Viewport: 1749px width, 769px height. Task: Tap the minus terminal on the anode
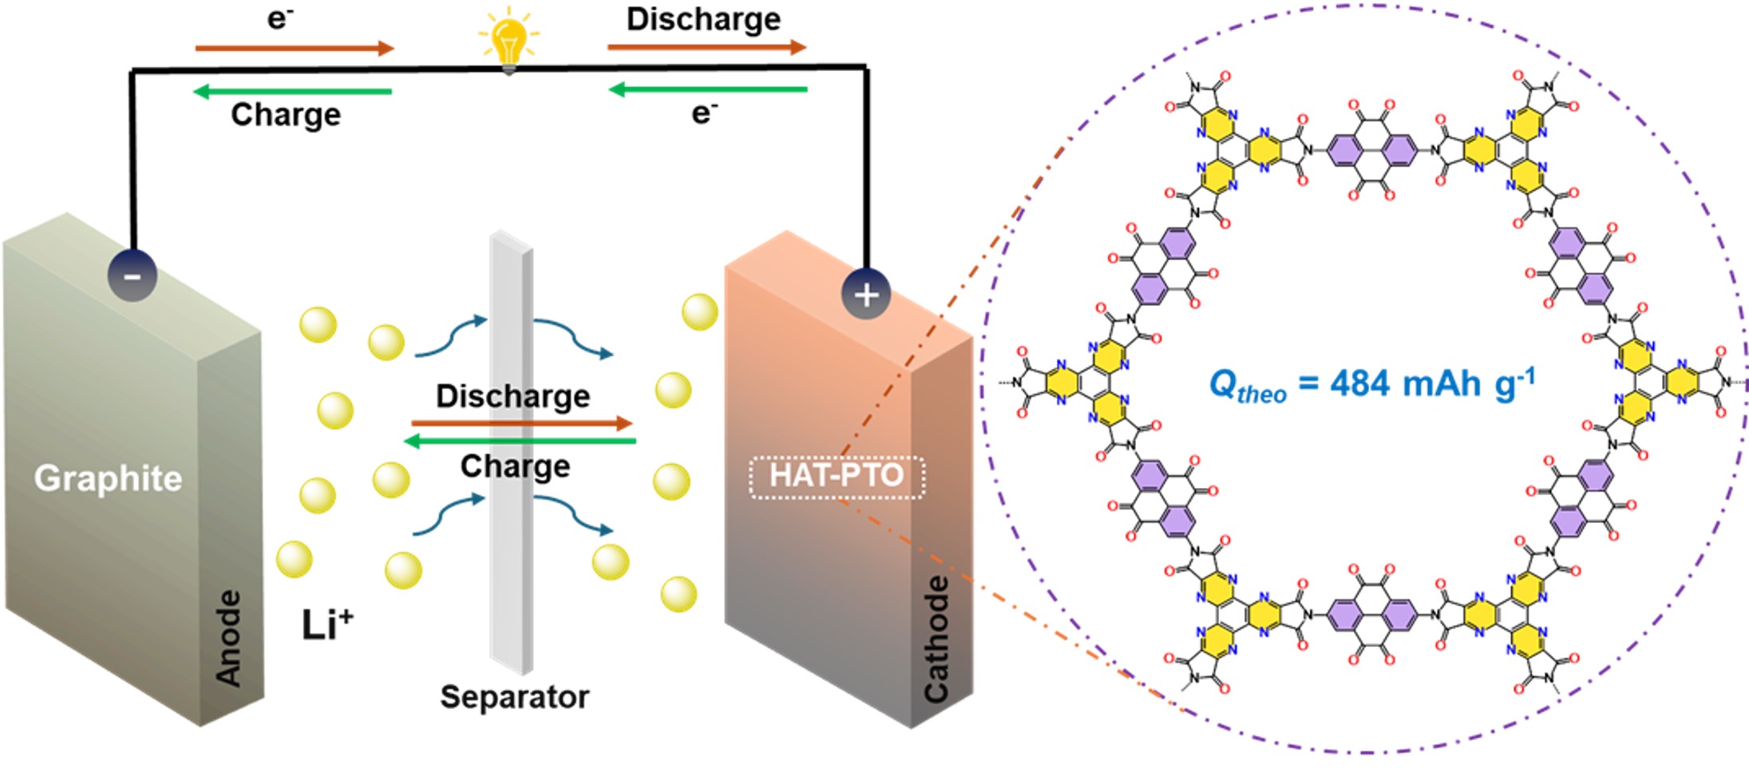pyautogui.click(x=133, y=276)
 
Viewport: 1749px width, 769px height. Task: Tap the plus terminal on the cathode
pyautogui.click(x=866, y=295)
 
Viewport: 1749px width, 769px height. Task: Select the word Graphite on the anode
pyautogui.click(x=108, y=478)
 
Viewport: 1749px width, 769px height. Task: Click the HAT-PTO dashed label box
pyautogui.click(x=837, y=477)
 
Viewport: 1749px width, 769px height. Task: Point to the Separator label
pyautogui.click(x=515, y=697)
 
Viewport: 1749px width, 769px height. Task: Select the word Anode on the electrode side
pyautogui.click(x=229, y=638)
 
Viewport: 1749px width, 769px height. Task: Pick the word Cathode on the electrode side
pyautogui.click(x=936, y=640)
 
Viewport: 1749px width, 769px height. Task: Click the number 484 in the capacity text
pyautogui.click(x=1360, y=384)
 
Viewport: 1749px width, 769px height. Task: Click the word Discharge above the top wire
pyautogui.click(x=703, y=19)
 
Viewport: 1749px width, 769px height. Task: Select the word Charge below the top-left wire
pyautogui.click(x=286, y=115)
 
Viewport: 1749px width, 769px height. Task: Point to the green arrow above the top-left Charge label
pyautogui.click(x=293, y=92)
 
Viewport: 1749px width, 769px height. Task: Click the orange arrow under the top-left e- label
pyautogui.click(x=295, y=49)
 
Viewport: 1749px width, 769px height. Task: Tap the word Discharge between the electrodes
pyautogui.click(x=512, y=396)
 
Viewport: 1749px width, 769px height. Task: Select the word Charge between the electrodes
pyautogui.click(x=515, y=466)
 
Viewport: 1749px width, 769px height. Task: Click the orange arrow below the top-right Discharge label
pyautogui.click(x=706, y=47)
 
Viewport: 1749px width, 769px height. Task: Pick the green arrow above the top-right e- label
pyautogui.click(x=708, y=89)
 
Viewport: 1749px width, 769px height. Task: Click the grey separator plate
pyautogui.click(x=512, y=559)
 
